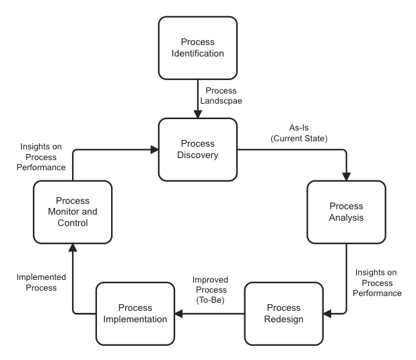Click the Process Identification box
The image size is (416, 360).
click(198, 48)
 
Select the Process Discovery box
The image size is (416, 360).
click(198, 150)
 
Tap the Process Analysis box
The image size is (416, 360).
click(346, 212)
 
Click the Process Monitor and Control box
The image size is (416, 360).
click(73, 212)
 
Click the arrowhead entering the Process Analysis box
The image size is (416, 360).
click(346, 176)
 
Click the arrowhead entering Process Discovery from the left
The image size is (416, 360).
click(153, 150)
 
